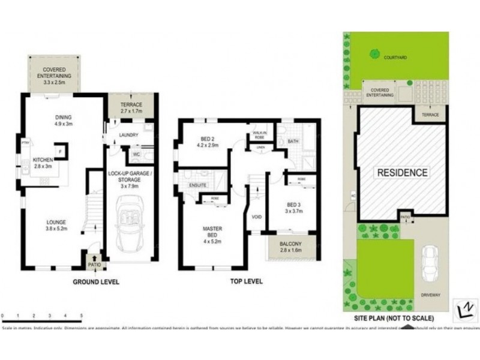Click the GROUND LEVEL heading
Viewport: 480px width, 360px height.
pyautogui.click(x=96, y=281)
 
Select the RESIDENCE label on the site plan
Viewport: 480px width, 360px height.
pyautogui.click(x=402, y=173)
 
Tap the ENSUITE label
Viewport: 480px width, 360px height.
pyautogui.click(x=198, y=185)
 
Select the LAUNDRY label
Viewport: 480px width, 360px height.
pyautogui.click(x=129, y=136)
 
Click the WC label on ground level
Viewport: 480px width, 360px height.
pyautogui.click(x=137, y=154)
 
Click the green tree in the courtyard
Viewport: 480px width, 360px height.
pyautogui.click(x=374, y=55)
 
